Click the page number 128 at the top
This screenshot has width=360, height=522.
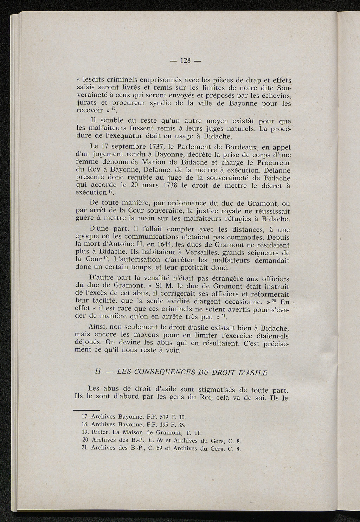tap(185, 61)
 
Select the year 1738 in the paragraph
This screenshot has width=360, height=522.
tap(172, 185)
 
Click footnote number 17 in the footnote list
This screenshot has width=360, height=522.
tap(84, 417)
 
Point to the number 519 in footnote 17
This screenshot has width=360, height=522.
tap(165, 417)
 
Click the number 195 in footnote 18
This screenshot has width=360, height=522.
tap(165, 425)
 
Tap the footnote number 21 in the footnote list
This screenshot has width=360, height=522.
tap(84, 448)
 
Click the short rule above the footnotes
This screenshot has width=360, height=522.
tap(86, 410)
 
